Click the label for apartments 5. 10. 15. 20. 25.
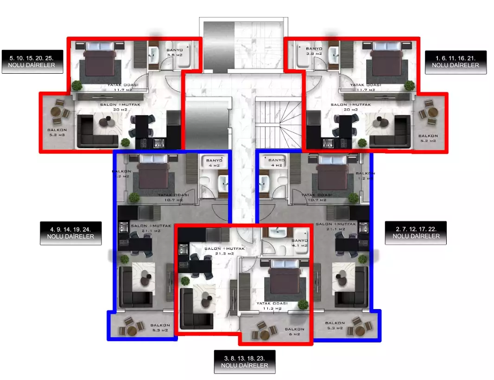pos(32,62)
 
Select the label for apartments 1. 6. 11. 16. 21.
pos(456,62)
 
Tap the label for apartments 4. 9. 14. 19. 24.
pos(70,233)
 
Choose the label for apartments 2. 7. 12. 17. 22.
pos(416,233)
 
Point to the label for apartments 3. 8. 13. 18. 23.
pos(245,362)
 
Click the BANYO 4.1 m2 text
pos(299,243)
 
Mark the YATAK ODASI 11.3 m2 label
pos(272,305)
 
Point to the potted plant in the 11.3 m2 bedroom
pos(303,304)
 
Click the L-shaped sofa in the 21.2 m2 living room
pos(195,309)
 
